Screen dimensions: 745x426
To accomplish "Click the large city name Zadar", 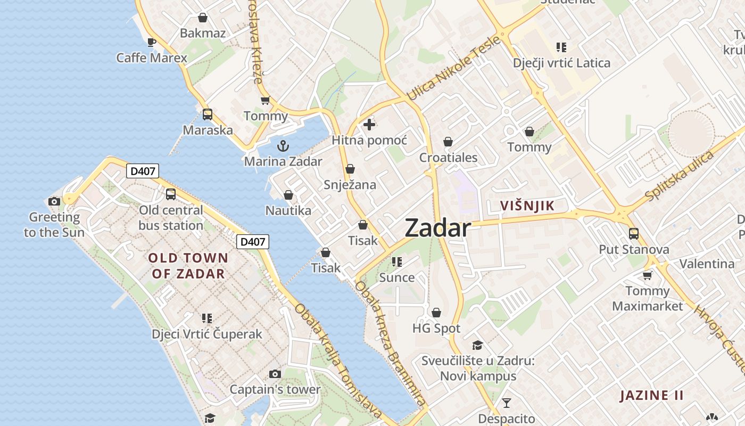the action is tap(437, 228).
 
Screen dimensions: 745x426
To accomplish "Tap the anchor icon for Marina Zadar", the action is tap(283, 145).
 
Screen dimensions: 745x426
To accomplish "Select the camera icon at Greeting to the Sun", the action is tap(54, 201).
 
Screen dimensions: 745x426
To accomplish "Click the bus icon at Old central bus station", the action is tap(170, 194).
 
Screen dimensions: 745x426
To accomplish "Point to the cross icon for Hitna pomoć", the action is tap(369, 125).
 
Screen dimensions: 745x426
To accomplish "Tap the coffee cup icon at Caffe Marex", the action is tap(152, 42).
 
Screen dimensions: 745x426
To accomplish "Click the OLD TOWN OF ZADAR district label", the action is tap(188, 266).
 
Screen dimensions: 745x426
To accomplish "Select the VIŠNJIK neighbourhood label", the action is tap(527, 206).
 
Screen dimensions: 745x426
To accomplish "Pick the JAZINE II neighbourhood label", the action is tap(651, 395).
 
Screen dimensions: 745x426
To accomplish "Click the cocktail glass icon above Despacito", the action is tap(506, 403).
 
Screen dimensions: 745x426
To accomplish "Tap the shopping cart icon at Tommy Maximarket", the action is tap(647, 275).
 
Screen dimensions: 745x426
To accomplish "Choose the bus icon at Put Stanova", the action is tap(633, 233).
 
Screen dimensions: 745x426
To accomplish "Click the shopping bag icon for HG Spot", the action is tap(436, 313).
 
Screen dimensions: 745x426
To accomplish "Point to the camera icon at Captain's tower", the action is tap(275, 374).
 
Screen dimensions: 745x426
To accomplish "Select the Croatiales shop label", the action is tap(448, 158).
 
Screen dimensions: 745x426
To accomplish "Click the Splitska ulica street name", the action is tap(678, 176).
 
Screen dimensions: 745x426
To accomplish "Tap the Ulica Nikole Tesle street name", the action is tap(453, 69).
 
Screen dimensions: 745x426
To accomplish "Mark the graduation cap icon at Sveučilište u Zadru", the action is tap(477, 345).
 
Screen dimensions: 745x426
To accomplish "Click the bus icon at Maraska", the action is tap(208, 114).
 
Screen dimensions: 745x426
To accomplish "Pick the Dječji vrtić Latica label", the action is tap(561, 63).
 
